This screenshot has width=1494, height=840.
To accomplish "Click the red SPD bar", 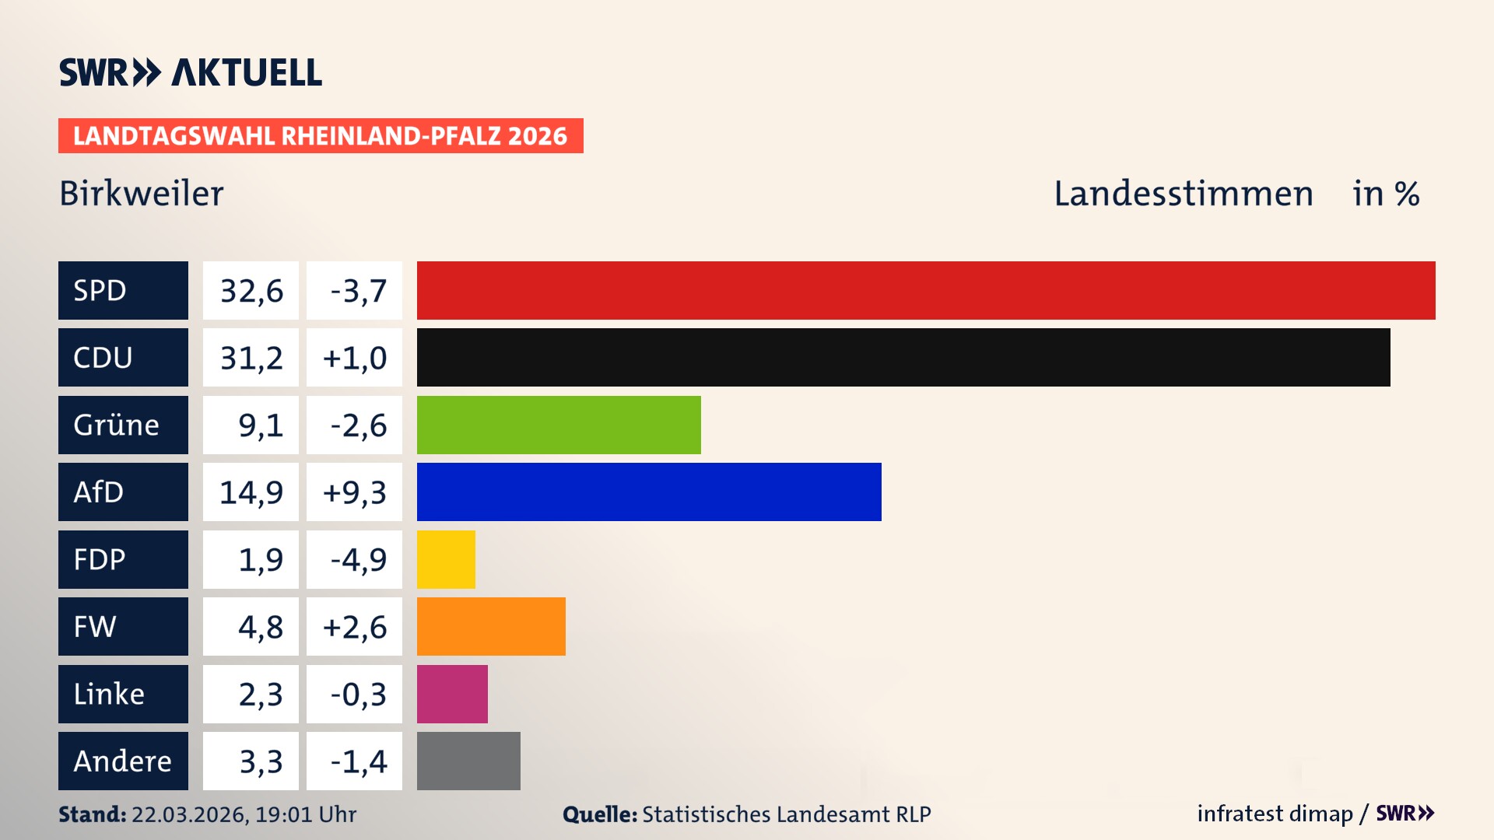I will pos(926,290).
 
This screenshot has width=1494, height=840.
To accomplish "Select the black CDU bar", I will pos(903,357).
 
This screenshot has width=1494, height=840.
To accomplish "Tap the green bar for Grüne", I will pos(559,425).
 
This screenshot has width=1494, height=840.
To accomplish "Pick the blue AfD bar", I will pos(649,492).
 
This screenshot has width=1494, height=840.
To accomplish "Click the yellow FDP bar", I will pos(446,559).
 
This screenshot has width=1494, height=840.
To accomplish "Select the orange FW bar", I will pos(491,626).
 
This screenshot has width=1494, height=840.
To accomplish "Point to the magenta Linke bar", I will pos(452,694).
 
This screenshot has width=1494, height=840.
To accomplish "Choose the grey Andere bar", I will pos(468,761).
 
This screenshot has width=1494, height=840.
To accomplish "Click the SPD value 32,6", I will pos(251,291).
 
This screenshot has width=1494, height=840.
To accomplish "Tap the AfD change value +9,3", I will pos(354,492).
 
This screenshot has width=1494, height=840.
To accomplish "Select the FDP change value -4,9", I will pos(358,559).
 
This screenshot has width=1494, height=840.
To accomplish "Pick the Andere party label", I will pos(123,761).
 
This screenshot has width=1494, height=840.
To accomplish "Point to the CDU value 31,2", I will pos(251,358).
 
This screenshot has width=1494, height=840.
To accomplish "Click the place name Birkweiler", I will pos(141,194).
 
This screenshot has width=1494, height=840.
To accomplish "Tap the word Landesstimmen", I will pos(1183,194).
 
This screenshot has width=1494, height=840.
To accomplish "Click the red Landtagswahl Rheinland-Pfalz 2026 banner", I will pos(321,135).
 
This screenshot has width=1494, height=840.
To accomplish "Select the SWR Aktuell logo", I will pos(190,72).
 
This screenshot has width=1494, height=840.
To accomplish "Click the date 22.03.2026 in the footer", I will pos(189,814).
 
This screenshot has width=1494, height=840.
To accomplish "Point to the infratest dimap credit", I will pos(1275,814).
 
